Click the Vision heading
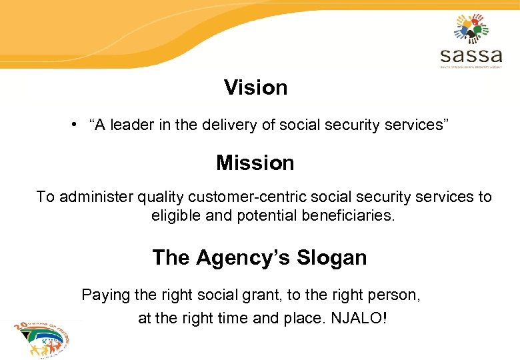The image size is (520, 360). tap(255, 87)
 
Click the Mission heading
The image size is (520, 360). tap(255, 163)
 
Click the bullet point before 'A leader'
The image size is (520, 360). tap(79, 123)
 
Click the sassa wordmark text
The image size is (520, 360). tap(471, 54)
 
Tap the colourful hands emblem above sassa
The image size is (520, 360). tap(471, 27)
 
